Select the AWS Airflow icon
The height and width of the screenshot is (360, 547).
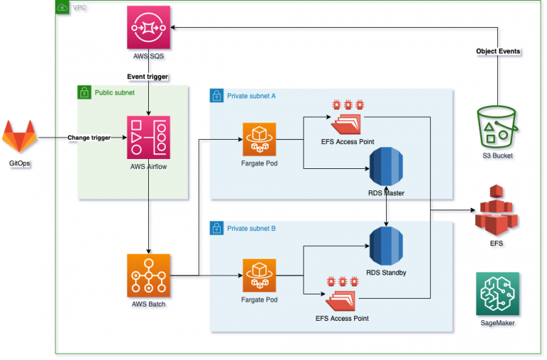tap(148, 138)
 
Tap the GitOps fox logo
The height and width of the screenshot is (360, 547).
tap(19, 136)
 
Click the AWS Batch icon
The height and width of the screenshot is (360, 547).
tap(148, 275)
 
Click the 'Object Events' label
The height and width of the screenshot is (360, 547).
tap(499, 51)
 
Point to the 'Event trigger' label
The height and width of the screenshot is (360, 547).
tap(148, 76)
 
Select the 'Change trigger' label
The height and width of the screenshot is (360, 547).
tap(89, 137)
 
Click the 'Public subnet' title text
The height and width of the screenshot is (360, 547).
tap(113, 93)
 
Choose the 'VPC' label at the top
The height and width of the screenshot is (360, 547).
tap(80, 8)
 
